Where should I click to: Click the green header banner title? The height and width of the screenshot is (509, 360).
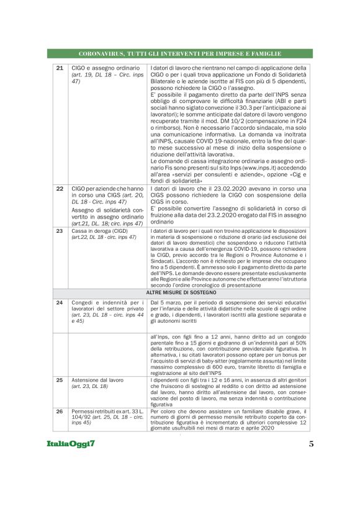pos(180,53)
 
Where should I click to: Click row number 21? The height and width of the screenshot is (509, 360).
pos(60,68)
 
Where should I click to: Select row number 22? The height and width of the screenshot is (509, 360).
pos(60,187)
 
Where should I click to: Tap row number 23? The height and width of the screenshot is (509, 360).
pos(60,230)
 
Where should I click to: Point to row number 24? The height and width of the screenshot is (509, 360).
pos(60,302)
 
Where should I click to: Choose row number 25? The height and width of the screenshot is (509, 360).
pos(60,379)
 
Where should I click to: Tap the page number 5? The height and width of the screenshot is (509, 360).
pos(311,444)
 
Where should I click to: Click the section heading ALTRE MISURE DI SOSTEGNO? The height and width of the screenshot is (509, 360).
pos(180,291)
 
